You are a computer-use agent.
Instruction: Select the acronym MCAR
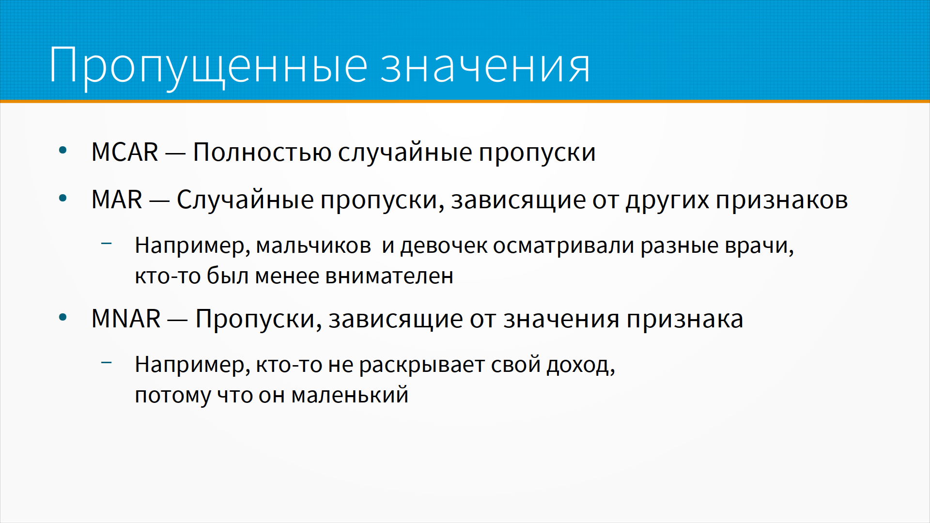(x=125, y=152)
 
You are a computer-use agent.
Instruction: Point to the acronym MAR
(x=117, y=200)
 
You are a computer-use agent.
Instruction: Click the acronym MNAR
(x=126, y=319)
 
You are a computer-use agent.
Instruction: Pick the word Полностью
(x=262, y=152)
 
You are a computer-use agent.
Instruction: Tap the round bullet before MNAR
(x=62, y=317)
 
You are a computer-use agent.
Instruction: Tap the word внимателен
(x=389, y=277)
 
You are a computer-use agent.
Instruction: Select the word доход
(x=581, y=365)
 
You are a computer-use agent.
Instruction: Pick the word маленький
(x=350, y=395)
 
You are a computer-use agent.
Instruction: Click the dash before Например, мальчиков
(x=107, y=243)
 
